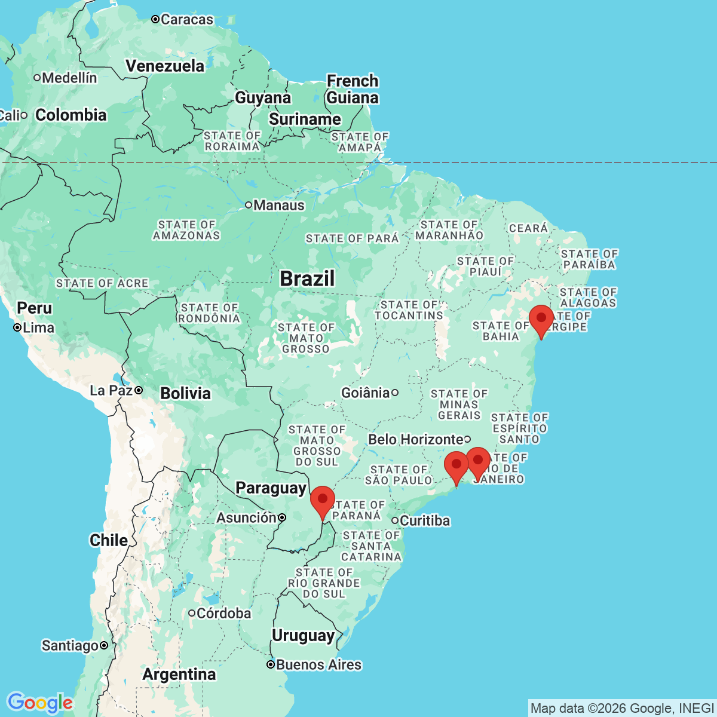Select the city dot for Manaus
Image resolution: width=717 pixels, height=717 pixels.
click(249, 205)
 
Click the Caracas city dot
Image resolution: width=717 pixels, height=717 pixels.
click(155, 20)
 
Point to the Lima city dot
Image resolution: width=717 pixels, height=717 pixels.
click(18, 327)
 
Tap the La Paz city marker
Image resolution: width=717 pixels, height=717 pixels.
click(139, 390)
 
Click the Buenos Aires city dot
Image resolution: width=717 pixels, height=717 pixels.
click(271, 664)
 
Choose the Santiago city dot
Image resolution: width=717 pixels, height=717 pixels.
click(104, 645)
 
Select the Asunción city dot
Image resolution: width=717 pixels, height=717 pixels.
click(282, 517)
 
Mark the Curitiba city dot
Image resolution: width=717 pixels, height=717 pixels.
click(395, 520)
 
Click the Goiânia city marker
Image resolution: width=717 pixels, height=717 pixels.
click(395, 393)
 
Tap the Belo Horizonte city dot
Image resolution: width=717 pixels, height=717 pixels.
click(467, 439)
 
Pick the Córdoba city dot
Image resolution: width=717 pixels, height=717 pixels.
click(192, 613)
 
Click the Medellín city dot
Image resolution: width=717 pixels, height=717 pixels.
click(37, 77)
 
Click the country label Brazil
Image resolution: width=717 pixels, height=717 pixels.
click(307, 278)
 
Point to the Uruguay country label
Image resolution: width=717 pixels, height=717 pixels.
click(303, 635)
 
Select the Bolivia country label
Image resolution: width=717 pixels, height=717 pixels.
click(185, 393)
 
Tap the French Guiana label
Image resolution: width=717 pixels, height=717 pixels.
click(353, 89)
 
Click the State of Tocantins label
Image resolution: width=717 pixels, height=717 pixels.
click(409, 310)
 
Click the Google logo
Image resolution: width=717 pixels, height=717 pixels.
click(40, 703)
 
